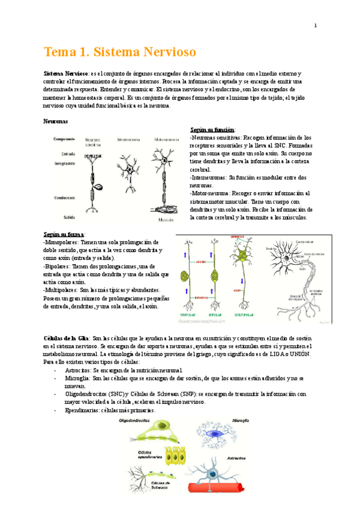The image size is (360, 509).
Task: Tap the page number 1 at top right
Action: coord(316,25)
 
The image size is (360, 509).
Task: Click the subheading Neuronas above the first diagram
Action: coord(55,121)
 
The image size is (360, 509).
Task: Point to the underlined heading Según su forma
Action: coord(64,233)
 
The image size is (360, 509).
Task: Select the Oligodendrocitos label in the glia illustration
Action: coord(144,421)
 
